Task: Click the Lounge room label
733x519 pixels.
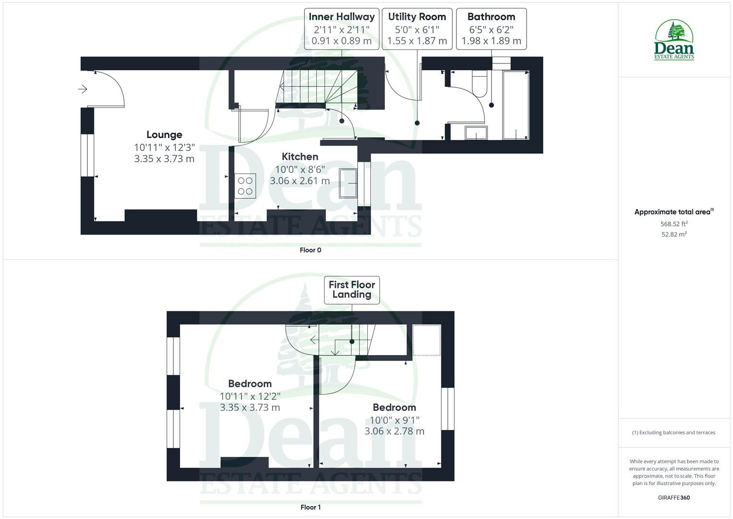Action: click(x=164, y=135)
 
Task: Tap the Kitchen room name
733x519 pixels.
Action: click(x=300, y=157)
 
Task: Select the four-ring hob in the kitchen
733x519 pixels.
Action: click(x=245, y=186)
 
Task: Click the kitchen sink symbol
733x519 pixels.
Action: click(x=348, y=183)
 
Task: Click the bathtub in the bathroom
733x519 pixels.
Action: click(x=516, y=105)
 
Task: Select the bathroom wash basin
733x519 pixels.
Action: click(x=476, y=133)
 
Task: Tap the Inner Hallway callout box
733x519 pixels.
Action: click(x=341, y=29)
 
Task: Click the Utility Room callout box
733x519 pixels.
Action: click(x=417, y=29)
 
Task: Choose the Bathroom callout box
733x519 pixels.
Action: click(x=491, y=29)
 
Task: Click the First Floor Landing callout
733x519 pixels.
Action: click(x=352, y=290)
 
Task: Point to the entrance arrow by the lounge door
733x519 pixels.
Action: click(x=83, y=89)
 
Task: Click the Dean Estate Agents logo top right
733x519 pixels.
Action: click(x=674, y=40)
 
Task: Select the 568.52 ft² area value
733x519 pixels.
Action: click(x=674, y=223)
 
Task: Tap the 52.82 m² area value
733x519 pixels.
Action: click(x=674, y=235)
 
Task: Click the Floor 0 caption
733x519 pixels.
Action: click(x=310, y=250)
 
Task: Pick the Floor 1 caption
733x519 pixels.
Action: click(x=310, y=507)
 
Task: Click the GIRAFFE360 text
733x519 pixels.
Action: click(x=673, y=497)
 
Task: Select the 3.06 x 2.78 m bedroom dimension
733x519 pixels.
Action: click(x=394, y=431)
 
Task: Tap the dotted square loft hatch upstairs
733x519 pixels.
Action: click(x=427, y=340)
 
